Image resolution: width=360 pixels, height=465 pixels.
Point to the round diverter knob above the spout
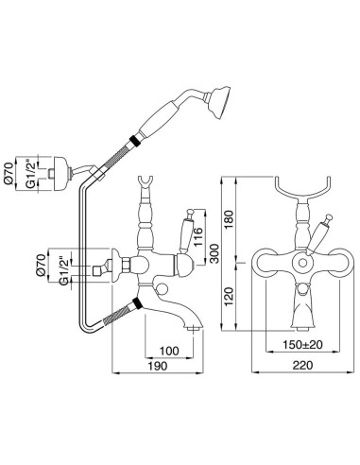166,289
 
